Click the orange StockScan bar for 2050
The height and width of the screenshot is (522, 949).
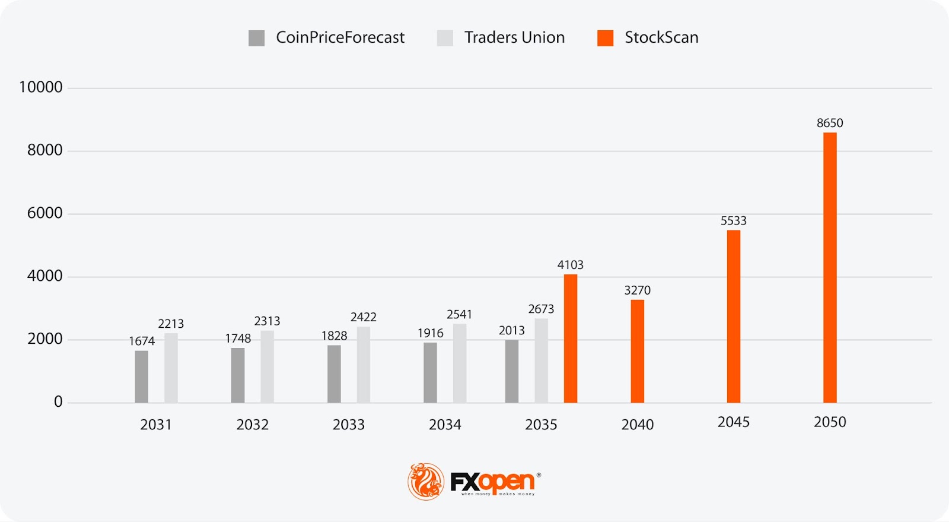tap(830, 267)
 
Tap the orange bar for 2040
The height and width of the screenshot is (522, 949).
tap(638, 351)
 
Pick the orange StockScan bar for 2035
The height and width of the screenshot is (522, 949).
tap(571, 338)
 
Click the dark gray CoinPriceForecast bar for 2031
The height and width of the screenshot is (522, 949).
tap(142, 377)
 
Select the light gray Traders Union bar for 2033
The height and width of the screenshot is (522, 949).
tap(364, 365)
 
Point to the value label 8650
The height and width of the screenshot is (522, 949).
tap(830, 123)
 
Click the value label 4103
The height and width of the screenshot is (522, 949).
tap(571, 265)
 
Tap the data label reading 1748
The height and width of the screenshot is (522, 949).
tap(238, 338)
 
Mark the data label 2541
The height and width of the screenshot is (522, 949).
tap(460, 314)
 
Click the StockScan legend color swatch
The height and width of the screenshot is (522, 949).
tap(605, 38)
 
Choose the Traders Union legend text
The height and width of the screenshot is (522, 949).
tap(514, 37)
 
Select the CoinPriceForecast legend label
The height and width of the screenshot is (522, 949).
tap(340, 37)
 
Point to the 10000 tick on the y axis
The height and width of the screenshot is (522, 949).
tap(41, 87)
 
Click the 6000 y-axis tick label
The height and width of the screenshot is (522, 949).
tap(44, 213)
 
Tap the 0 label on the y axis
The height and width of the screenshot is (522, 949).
tap(58, 402)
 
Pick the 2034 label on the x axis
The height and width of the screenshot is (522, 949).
tap(445, 425)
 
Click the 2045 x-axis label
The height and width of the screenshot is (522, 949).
tap(734, 422)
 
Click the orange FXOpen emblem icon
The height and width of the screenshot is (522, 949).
tap(426, 481)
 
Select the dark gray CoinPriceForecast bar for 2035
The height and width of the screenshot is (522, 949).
tap(512, 371)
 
